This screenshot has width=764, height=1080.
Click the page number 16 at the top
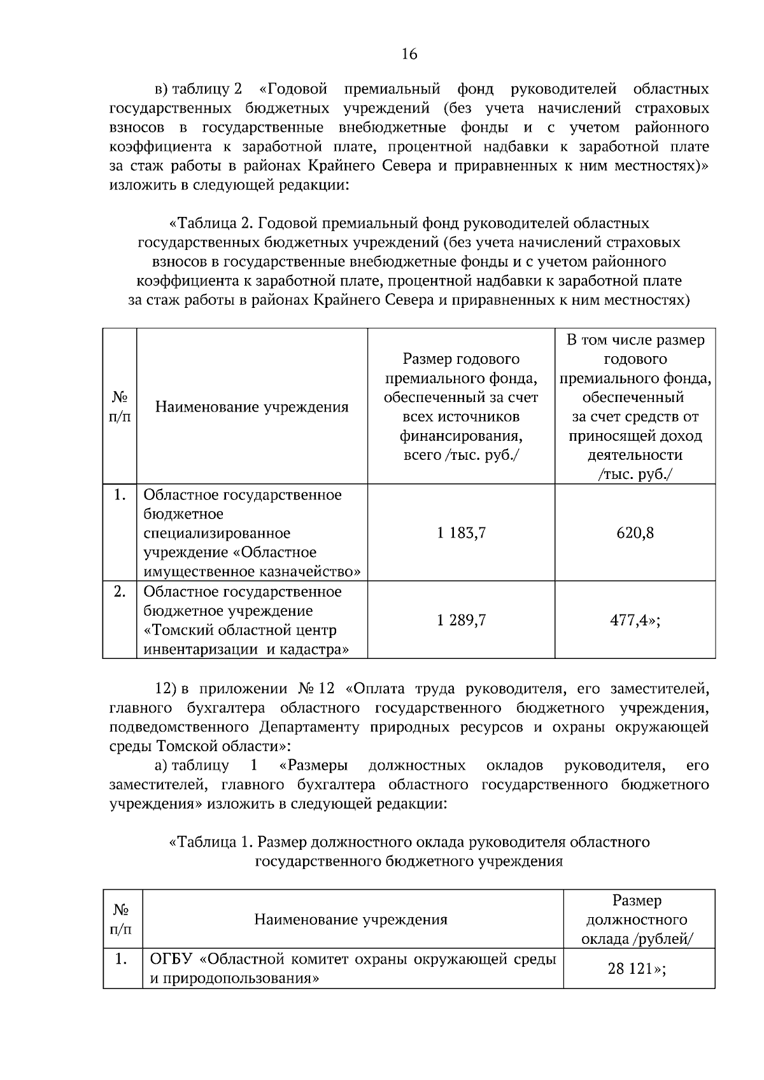(x=409, y=55)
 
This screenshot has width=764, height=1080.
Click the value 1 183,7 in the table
(x=461, y=533)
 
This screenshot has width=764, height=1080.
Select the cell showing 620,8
(x=635, y=533)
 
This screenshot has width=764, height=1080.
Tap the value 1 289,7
(x=461, y=620)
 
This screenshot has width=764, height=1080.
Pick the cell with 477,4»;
(x=635, y=620)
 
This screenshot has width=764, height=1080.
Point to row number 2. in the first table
(x=119, y=592)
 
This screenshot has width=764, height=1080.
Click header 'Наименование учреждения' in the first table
(x=252, y=407)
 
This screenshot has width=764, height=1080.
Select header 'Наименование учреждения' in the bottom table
(x=351, y=920)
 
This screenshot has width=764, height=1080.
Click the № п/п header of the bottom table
(x=122, y=920)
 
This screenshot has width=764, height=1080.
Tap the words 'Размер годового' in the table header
(x=461, y=359)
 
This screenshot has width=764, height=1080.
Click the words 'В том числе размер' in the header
(x=635, y=340)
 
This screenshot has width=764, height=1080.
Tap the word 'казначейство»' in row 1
(x=311, y=571)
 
